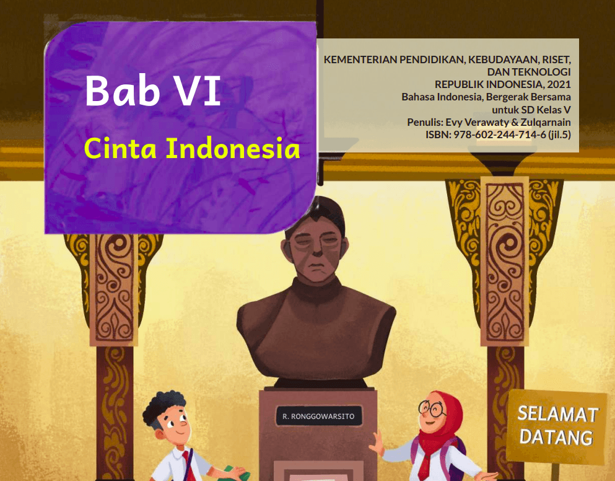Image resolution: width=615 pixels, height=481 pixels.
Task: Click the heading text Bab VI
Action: point(152,90)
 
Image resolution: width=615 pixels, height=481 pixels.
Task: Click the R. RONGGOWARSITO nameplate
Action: point(318,417)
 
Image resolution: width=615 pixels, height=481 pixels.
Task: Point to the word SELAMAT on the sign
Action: point(557,414)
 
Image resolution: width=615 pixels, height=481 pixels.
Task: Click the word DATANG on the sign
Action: point(556,437)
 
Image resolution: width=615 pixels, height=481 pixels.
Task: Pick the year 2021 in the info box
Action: point(558,85)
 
